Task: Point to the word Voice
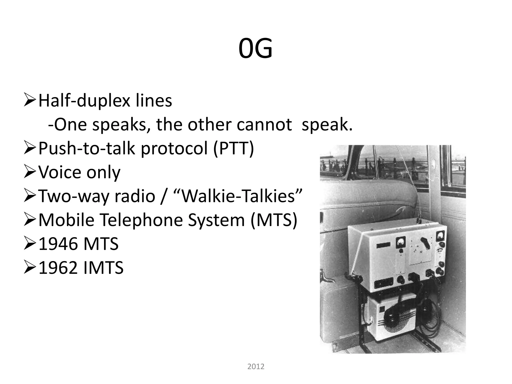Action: [60, 172]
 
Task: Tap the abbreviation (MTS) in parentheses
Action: [273, 220]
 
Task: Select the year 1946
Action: [58, 244]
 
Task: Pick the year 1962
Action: [58, 268]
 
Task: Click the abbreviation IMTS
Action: [103, 268]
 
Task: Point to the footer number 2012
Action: [256, 366]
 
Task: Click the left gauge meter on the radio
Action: [400, 242]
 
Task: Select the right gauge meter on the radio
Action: [439, 236]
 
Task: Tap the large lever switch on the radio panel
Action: [425, 243]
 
